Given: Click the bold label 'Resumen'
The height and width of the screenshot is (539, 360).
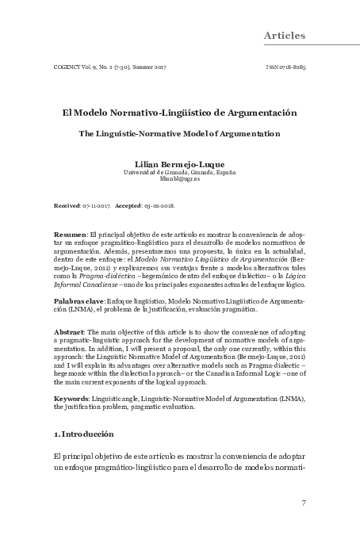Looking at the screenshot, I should point(70,236).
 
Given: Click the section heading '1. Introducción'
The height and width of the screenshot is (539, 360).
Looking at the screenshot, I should point(83,435).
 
